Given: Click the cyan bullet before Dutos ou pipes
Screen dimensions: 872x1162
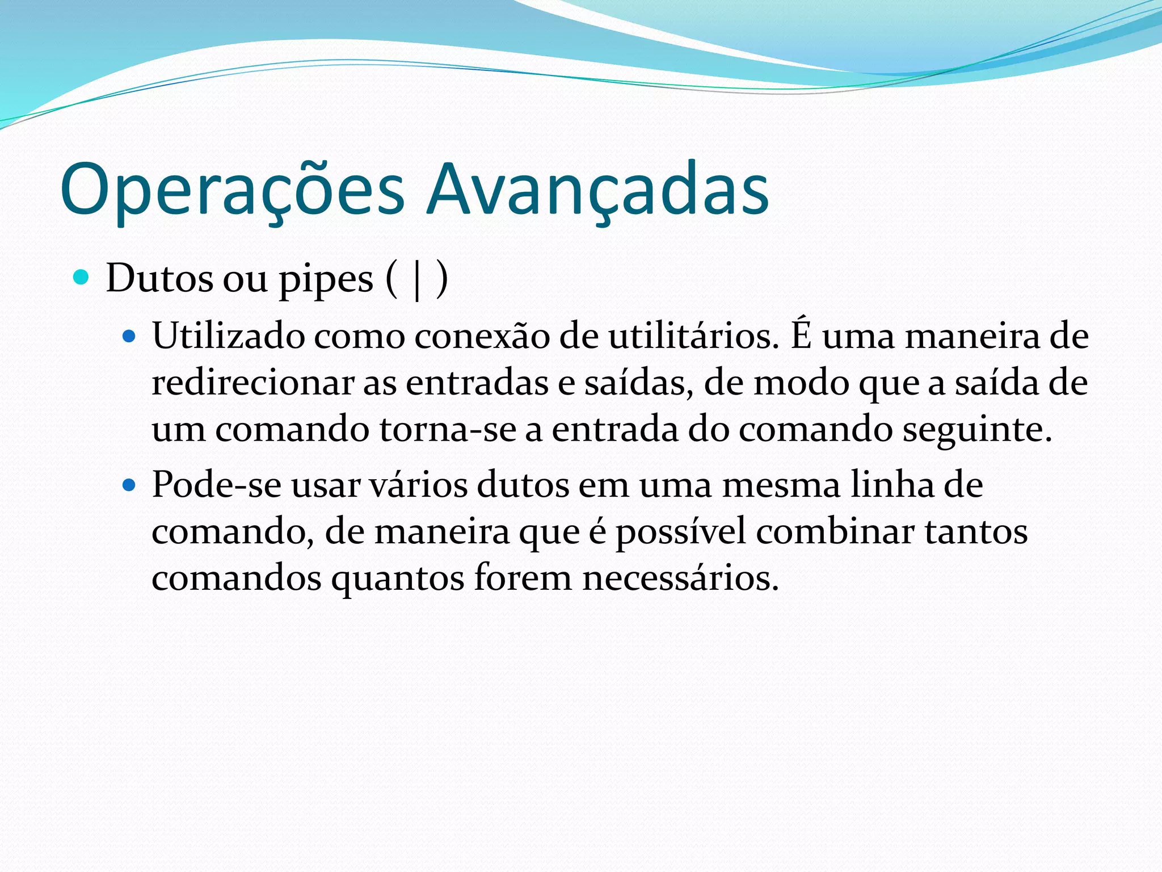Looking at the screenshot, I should (x=82, y=278).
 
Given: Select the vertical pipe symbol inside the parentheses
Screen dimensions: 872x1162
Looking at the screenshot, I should (x=418, y=280).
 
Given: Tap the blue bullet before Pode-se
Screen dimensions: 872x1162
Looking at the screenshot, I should (x=130, y=486).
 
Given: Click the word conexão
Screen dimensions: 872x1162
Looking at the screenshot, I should (x=482, y=336).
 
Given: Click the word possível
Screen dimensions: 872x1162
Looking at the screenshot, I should (x=681, y=533).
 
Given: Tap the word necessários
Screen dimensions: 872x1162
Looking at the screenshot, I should (x=680, y=579).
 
